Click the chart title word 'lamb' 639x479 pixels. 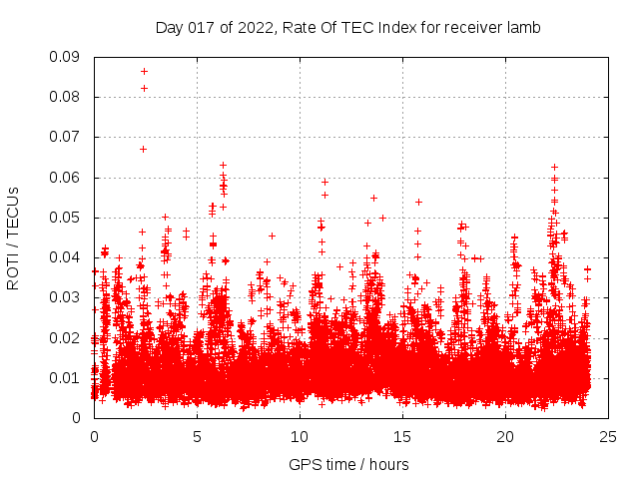pyautogui.click(x=523, y=28)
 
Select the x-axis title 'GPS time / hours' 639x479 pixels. pyautogui.click(x=348, y=464)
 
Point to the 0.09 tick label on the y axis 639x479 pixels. pyautogui.click(x=67, y=57)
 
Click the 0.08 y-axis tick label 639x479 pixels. pyautogui.click(x=67, y=97)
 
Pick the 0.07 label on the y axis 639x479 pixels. pyautogui.click(x=67, y=137)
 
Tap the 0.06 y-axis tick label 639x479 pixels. pyautogui.click(x=67, y=178)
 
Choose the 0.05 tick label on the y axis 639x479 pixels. pyautogui.click(x=67, y=218)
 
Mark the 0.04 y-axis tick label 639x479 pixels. pyautogui.click(x=67, y=257)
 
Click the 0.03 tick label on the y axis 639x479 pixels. pyautogui.click(x=67, y=297)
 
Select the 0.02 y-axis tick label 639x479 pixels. pyautogui.click(x=67, y=337)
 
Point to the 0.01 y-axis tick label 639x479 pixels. pyautogui.click(x=67, y=377)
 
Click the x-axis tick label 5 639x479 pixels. pyautogui.click(x=197, y=436)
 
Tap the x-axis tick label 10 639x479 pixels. pyautogui.click(x=300, y=436)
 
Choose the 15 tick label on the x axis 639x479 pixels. pyautogui.click(x=402, y=436)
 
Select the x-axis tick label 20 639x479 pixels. pyautogui.click(x=505, y=436)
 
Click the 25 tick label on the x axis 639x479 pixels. pyautogui.click(x=608, y=436)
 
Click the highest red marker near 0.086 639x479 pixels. pyautogui.click(x=144, y=71)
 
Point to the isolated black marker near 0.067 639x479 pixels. pyautogui.click(x=143, y=149)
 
